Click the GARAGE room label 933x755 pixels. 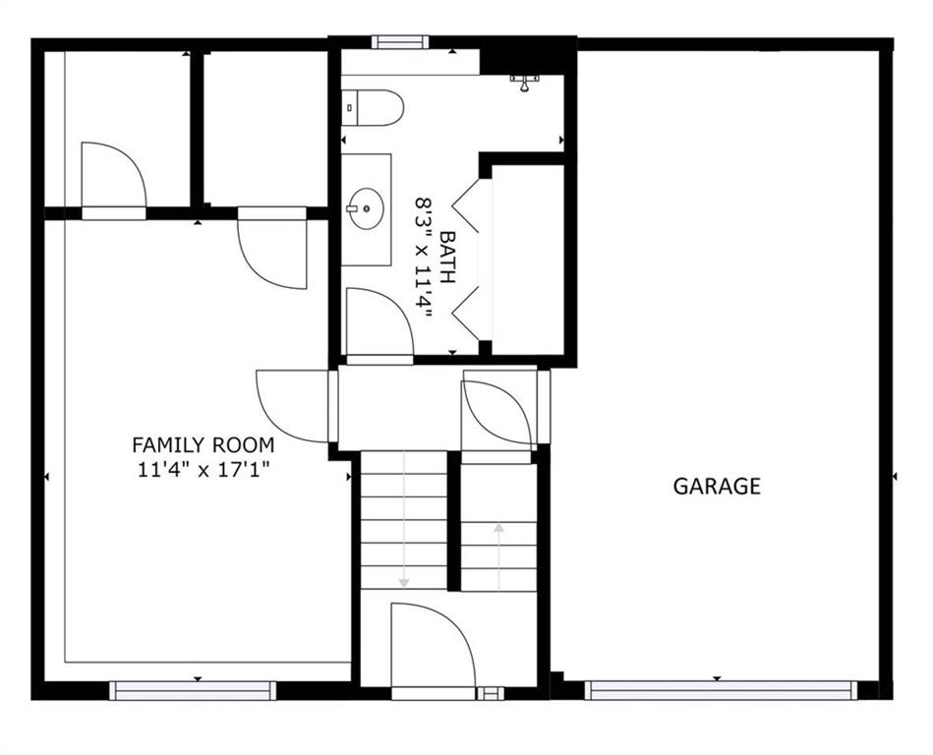717,486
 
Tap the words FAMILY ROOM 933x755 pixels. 204,445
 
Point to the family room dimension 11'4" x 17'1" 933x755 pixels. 204,470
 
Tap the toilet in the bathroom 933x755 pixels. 373,108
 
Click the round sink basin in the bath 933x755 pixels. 366,208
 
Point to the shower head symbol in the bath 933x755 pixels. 524,84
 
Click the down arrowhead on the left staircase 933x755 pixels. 404,582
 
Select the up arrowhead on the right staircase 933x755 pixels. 498,527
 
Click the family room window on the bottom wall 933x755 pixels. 193,690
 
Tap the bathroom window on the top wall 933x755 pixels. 400,41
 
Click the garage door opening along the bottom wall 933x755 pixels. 721,690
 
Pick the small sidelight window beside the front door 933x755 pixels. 491,693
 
